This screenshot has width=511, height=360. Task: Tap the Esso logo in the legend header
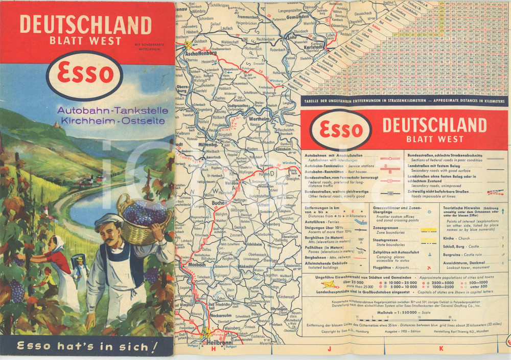pos(338,129)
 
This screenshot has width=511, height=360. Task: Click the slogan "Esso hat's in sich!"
pos(87,347)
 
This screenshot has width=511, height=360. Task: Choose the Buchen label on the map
pos(220,203)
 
